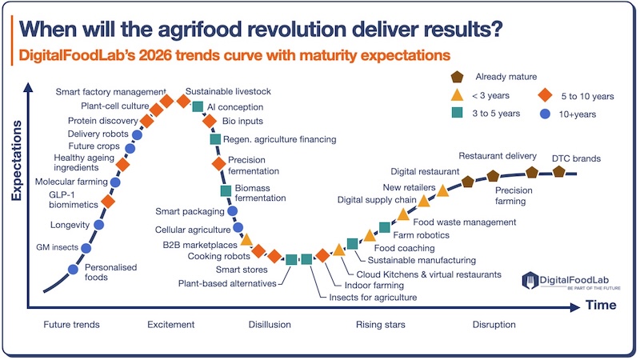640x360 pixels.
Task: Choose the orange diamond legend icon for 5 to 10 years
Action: tap(545, 96)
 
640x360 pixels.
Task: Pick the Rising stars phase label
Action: tap(380, 325)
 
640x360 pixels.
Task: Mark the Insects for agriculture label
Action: tap(373, 297)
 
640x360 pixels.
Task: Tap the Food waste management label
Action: tap(464, 222)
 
